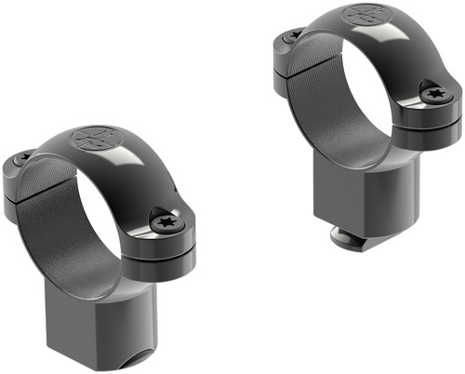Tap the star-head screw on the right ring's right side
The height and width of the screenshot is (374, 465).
pyautogui.click(x=435, y=93)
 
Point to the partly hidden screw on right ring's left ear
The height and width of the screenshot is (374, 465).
pyautogui.click(x=292, y=36)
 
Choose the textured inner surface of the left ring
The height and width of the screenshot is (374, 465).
pyautogui.click(x=51, y=214)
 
